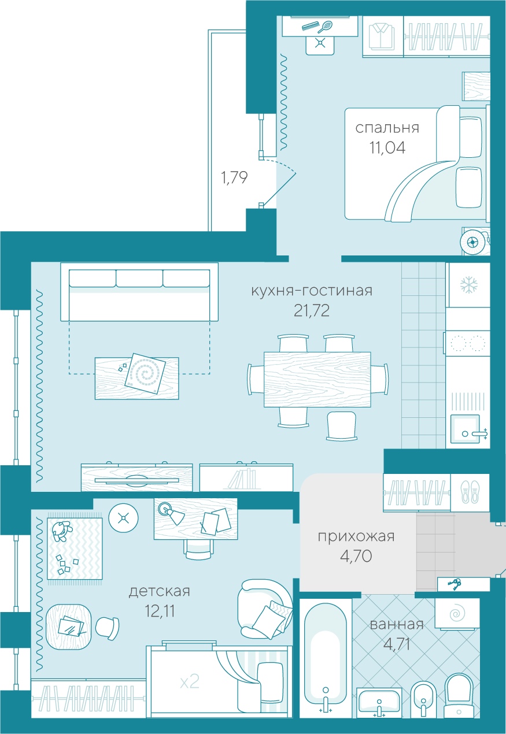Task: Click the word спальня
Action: [387, 128]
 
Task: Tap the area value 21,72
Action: [312, 310]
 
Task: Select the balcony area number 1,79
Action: [234, 177]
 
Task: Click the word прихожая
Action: [356, 537]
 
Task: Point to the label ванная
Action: [397, 624]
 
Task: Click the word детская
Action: [160, 591]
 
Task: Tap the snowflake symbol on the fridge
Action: [469, 284]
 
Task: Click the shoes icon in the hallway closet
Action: [470, 492]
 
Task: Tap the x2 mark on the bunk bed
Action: [190, 682]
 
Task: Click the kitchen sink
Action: [465, 429]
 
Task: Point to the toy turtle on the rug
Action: [61, 531]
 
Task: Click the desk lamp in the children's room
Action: [172, 513]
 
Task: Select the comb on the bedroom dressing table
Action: [310, 26]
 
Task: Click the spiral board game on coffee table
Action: [145, 373]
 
